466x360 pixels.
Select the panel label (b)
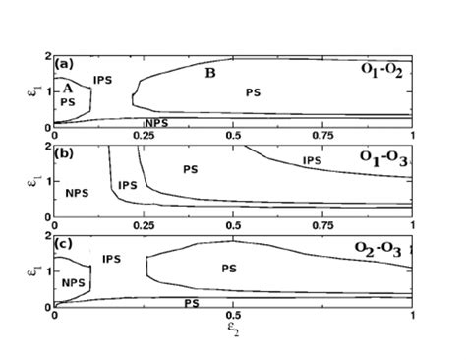tap(64, 154)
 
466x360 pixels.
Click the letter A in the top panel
tap(68, 88)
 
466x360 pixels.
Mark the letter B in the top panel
tap(209, 73)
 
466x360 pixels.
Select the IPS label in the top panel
tap(105, 79)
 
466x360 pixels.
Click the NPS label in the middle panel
tap(77, 193)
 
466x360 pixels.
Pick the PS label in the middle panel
tap(190, 169)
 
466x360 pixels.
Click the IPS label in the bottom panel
tap(111, 258)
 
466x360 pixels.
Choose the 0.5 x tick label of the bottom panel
tap(233, 316)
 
